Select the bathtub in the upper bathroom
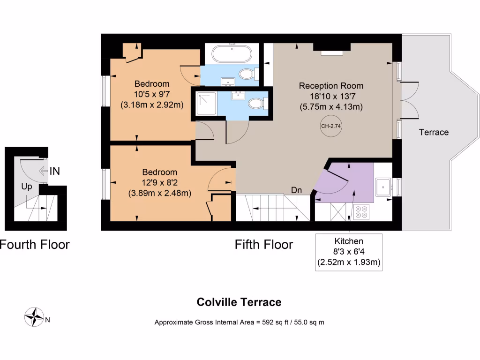[x=232, y=53]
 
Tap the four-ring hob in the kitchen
[x=362, y=212]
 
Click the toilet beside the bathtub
[x=247, y=74]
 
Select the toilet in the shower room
[x=257, y=103]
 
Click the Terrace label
[x=434, y=132]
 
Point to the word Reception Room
[x=331, y=86]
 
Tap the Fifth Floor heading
[x=264, y=244]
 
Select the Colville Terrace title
[x=239, y=302]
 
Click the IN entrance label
[x=54, y=171]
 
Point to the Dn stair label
[x=296, y=190]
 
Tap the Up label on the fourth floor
[x=27, y=187]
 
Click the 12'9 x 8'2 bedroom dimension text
[x=159, y=182]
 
